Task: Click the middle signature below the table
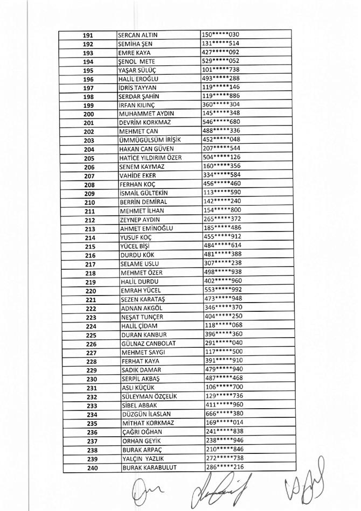(x=216, y=489)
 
